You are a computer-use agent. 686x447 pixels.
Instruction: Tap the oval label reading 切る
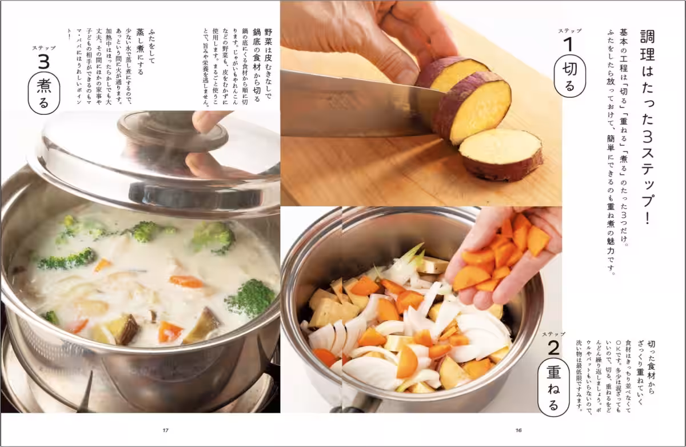(x=569, y=78)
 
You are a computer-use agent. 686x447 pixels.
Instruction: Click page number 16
(x=519, y=430)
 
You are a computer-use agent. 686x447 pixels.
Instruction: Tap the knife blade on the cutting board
(x=354, y=103)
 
